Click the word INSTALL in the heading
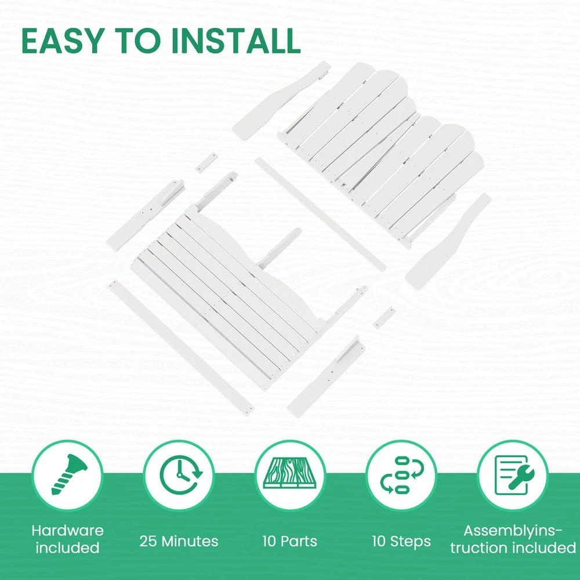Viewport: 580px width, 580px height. click(x=236, y=41)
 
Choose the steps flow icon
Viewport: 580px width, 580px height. click(x=401, y=475)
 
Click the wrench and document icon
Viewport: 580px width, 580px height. click(x=514, y=475)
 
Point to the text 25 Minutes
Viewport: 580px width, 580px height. click(x=179, y=541)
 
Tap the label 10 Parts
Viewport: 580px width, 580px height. click(x=289, y=541)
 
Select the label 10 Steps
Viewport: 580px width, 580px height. click(x=401, y=541)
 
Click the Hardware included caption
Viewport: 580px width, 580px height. click(x=68, y=539)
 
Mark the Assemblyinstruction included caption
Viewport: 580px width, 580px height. click(x=513, y=539)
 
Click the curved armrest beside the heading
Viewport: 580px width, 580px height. click(x=281, y=100)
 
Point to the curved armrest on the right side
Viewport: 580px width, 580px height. click(x=448, y=241)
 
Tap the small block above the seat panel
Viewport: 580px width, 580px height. click(x=206, y=162)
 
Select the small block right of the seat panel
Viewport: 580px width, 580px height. click(x=384, y=317)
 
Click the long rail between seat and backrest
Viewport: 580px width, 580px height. click(x=320, y=214)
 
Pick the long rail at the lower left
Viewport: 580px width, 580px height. click(x=181, y=347)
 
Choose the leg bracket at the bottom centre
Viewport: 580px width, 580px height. click(x=325, y=376)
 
